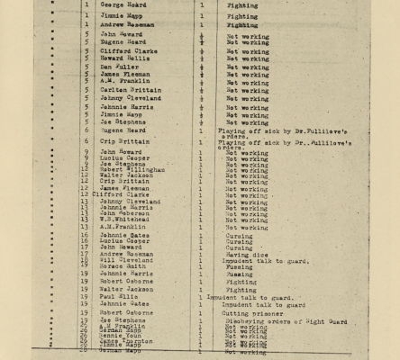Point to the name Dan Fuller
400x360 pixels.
(x=118, y=67)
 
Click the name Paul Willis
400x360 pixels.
(x=118, y=297)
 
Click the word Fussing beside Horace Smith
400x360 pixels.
(x=240, y=265)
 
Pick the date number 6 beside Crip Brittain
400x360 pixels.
(x=86, y=141)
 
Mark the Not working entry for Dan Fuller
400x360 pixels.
(x=247, y=67)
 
